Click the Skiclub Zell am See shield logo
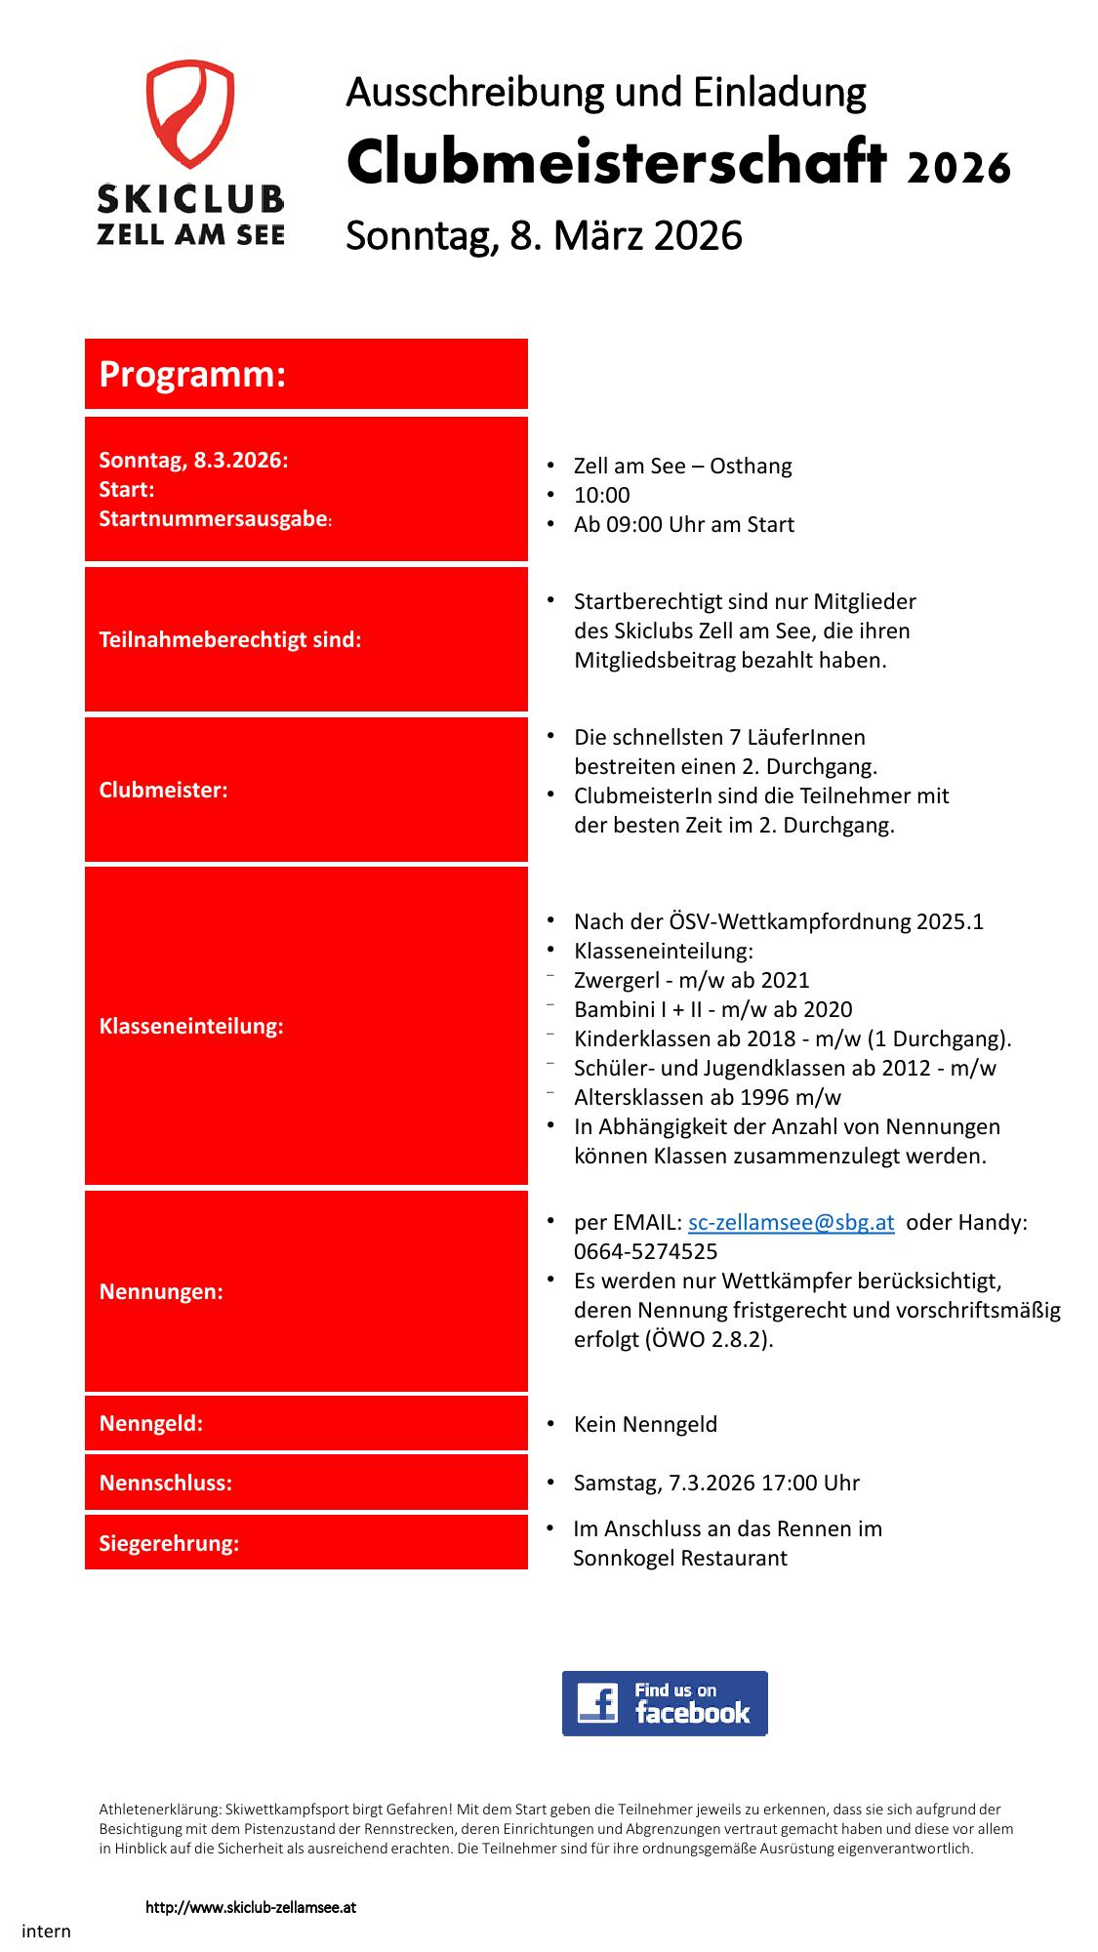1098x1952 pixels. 190,115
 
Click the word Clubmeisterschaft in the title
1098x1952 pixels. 615,164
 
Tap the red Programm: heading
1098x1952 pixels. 192,375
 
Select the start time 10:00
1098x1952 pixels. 601,496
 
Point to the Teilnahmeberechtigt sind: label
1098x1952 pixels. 230,640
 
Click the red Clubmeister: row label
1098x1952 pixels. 163,791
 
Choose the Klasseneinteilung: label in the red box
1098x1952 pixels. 191,1027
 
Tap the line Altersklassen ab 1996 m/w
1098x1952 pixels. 707,1098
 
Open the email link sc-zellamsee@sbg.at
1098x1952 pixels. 791,1223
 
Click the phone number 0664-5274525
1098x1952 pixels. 645,1252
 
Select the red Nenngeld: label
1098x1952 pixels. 151,1424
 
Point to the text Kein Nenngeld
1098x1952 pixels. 645,1425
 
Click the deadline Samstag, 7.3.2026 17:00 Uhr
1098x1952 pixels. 716,1484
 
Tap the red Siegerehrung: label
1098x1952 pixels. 169,1544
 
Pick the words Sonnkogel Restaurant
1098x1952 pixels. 679,1559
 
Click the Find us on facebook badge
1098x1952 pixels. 665,1703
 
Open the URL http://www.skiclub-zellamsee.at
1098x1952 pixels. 251,1907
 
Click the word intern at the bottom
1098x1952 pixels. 46,1932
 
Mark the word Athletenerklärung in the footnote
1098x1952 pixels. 159,1810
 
